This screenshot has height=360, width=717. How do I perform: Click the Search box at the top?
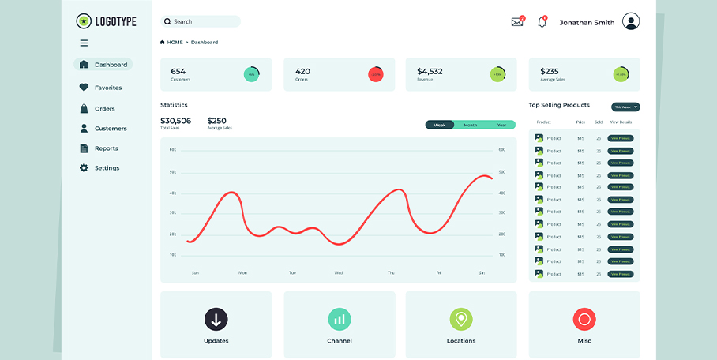201,21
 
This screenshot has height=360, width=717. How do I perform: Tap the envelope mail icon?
517,22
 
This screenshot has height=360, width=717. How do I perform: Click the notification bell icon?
542,22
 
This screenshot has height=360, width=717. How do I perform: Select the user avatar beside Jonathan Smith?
630,22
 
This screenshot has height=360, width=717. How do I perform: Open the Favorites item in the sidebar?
107,88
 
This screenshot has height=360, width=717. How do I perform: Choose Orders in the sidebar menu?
104,109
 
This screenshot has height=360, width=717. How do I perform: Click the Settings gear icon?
84,168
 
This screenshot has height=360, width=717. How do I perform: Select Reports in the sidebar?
106,148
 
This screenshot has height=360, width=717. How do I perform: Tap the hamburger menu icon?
84,43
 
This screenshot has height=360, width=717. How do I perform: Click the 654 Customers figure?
178,71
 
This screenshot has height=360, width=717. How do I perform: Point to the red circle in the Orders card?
375,74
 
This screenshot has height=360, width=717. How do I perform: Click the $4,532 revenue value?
430,71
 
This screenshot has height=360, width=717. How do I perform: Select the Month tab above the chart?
470,125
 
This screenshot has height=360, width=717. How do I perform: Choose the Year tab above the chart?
501,125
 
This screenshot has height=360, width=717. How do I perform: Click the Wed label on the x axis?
339,273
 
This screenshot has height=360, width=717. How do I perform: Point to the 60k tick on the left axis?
173,149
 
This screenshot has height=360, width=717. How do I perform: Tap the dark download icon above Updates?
216,319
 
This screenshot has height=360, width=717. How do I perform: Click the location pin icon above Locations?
461,319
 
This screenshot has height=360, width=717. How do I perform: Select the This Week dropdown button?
625,107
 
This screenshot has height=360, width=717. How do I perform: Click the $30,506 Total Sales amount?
175,121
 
